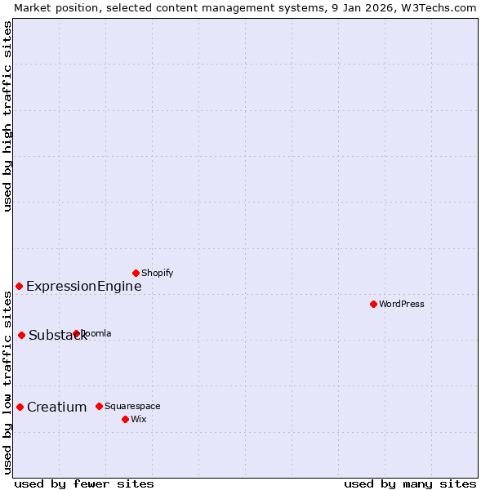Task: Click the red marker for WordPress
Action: (373, 304)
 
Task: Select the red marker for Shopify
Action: (136, 273)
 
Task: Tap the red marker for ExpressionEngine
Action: (19, 286)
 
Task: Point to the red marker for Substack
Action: (21, 335)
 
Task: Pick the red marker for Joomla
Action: (76, 333)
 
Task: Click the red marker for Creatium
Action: (20, 407)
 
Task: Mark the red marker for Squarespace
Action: (99, 406)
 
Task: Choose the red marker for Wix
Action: (125, 419)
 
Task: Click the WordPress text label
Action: (402, 305)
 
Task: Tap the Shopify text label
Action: (157, 273)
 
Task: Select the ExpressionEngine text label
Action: (83, 286)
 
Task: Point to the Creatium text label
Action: (56, 407)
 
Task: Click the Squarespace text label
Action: (132, 406)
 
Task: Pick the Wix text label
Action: (138, 419)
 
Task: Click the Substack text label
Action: (57, 335)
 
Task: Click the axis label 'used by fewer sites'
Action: (84, 483)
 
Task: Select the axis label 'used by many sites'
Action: (410, 483)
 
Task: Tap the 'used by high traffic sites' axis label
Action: (7, 116)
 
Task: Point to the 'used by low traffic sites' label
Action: (7, 383)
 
